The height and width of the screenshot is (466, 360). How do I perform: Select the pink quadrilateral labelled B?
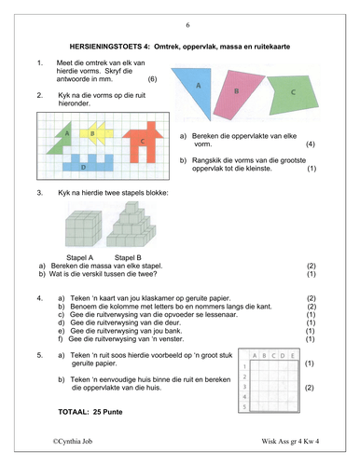tap(237, 94)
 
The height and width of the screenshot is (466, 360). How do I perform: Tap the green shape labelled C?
tap(292, 94)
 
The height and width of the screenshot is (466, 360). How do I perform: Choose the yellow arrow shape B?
tap(96, 133)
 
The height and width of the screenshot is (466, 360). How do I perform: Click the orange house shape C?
tap(144, 142)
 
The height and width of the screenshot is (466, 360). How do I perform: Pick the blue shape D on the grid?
tap(88, 163)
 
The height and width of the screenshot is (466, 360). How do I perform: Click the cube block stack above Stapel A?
tap(83, 228)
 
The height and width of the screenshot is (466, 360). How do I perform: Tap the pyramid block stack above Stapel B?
tap(131, 225)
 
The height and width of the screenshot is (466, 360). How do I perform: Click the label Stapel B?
tap(128, 257)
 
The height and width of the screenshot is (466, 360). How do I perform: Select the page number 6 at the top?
tap(187, 25)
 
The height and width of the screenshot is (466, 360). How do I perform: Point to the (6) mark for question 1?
tap(152, 79)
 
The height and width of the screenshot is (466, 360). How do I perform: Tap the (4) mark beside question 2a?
tap(311, 144)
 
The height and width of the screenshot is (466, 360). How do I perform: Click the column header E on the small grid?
tap(293, 356)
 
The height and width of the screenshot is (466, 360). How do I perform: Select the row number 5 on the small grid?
tap(244, 406)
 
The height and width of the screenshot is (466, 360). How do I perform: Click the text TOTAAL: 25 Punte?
tap(90, 412)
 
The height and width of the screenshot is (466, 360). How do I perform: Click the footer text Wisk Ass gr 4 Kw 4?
tap(290, 441)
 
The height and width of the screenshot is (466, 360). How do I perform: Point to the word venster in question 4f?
tap(171, 339)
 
